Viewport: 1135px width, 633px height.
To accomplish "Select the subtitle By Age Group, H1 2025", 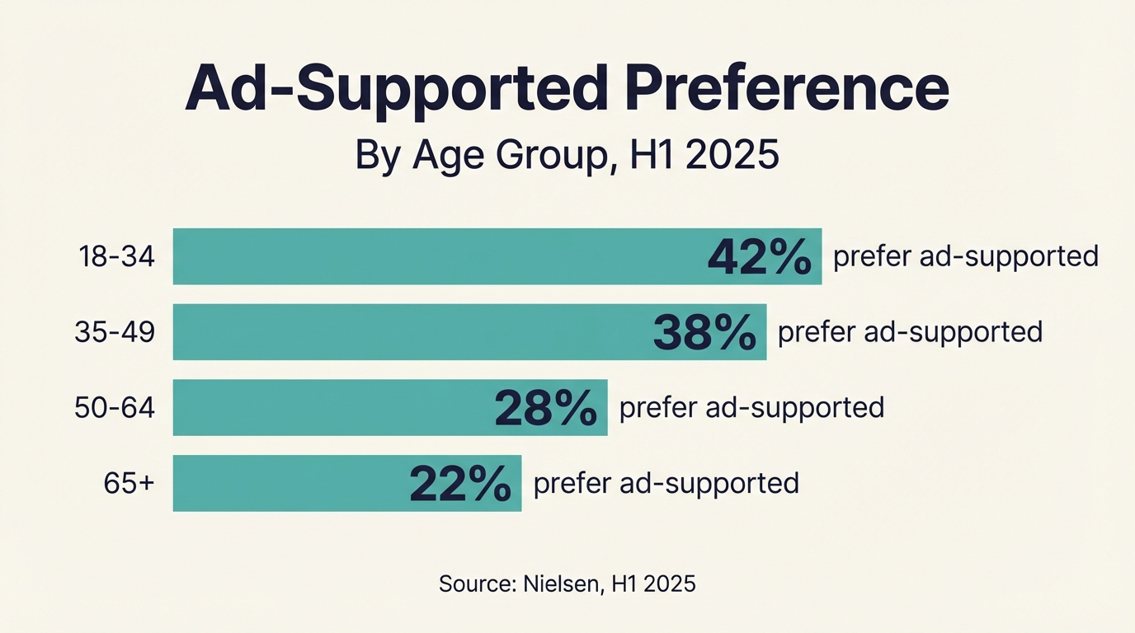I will tap(567, 155).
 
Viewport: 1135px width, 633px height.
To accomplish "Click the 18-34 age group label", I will tap(116, 256).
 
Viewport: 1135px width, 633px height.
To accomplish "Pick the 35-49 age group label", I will tap(115, 332).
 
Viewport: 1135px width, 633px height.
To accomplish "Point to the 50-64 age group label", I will tap(115, 408).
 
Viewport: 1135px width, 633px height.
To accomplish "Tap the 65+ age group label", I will tap(129, 483).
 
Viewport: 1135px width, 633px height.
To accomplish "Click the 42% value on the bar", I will tap(760, 257).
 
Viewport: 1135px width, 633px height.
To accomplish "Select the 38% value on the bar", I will tap(704, 333).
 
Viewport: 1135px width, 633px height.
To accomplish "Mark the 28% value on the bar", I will tap(545, 409).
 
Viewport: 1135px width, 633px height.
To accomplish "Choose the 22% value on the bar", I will tap(460, 484).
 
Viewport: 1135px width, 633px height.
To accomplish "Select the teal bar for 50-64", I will tap(330, 408).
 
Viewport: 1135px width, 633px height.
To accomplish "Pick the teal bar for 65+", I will tap(289, 483).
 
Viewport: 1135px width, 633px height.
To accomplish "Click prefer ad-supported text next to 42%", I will tap(966, 256).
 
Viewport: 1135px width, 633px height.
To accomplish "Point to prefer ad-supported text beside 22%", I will tap(666, 483).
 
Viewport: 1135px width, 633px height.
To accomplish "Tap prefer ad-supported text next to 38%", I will tap(911, 332).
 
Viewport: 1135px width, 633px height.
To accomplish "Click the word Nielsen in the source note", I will tap(565, 584).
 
